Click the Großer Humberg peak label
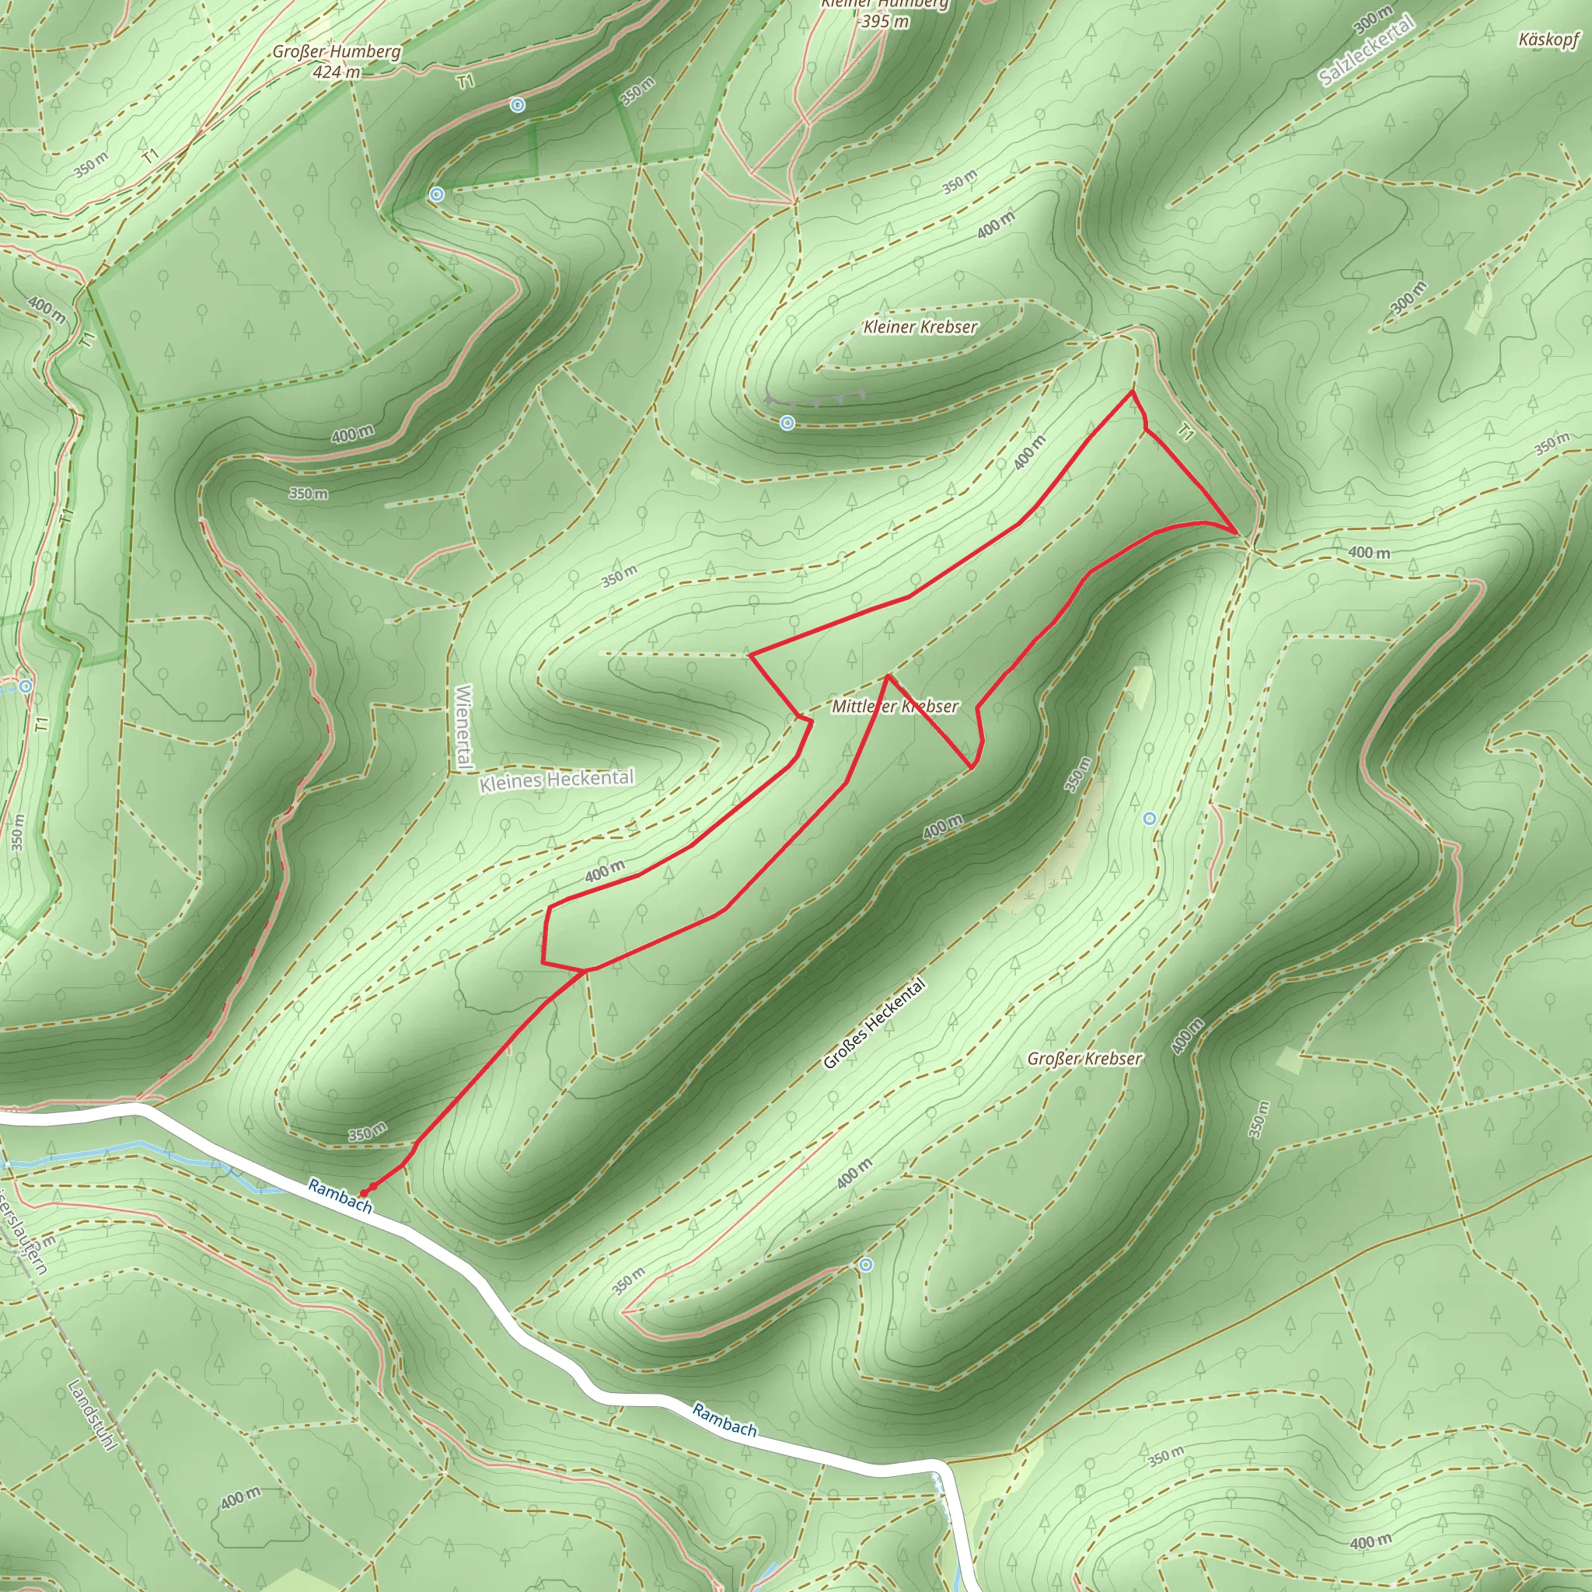[336, 61]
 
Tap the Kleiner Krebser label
[920, 327]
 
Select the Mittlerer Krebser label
[895, 706]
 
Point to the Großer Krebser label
[1084, 1059]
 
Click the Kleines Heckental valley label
[557, 780]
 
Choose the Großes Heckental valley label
[875, 1025]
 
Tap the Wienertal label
[463, 727]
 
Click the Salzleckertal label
[1367, 51]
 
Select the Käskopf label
[1549, 39]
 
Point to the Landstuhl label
[93, 1415]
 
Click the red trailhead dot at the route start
[363, 1193]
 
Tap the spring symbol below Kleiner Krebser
[787, 423]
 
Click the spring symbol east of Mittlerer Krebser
[1150, 819]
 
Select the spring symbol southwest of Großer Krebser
[865, 1264]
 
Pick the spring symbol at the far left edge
[26, 686]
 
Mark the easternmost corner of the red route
[1236, 533]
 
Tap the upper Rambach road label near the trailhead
[340, 1196]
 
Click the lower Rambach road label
[724, 1419]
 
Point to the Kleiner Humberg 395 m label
[885, 13]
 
